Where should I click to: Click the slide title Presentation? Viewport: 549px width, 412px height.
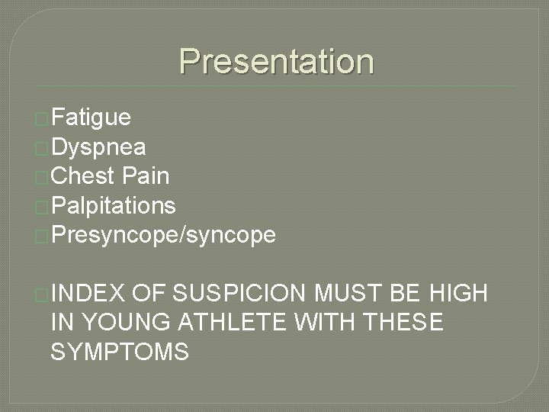coord(277,62)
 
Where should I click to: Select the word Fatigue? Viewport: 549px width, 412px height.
coord(92,117)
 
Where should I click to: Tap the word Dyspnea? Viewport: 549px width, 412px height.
coord(100,146)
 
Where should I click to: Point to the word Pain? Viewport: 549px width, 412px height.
coord(145,176)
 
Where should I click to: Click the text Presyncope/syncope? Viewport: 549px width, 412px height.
coord(163,235)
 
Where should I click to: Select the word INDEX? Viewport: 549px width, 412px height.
coord(88,293)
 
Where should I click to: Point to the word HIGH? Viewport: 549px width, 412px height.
coord(458,293)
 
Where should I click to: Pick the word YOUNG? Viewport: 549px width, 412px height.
coord(127,323)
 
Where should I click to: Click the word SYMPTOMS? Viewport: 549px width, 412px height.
coord(120,352)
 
